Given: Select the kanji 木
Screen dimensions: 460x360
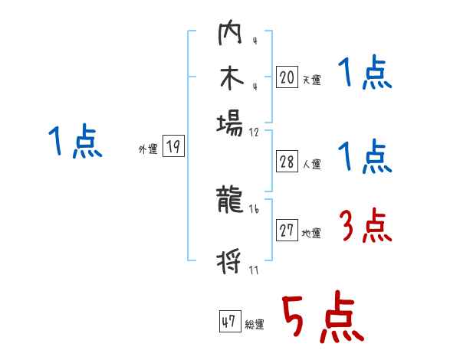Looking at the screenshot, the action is pyautogui.click(x=230, y=80).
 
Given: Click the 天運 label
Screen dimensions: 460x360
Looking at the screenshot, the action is pyautogui.click(x=311, y=80).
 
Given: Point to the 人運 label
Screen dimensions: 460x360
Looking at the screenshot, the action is pyautogui.click(x=311, y=164).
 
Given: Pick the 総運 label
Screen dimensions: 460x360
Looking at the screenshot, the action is pyautogui.click(x=255, y=325).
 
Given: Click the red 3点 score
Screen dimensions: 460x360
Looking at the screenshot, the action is pyautogui.click(x=366, y=227).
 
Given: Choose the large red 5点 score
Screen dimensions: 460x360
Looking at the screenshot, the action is pyautogui.click(x=322, y=318).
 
